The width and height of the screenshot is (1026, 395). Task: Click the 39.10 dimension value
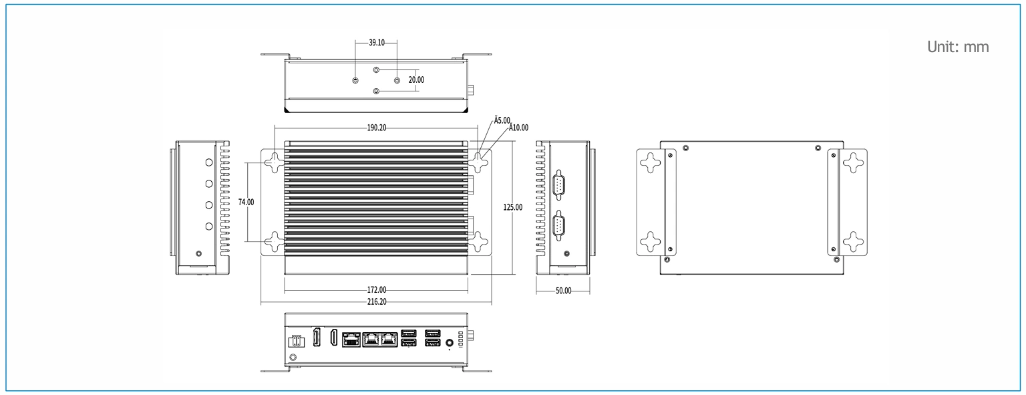coord(377,43)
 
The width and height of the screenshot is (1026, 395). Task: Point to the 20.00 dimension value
coord(416,80)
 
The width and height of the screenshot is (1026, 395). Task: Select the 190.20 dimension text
coord(377,128)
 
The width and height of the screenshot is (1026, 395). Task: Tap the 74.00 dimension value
coord(246,202)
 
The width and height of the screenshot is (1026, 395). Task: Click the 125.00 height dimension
coord(512,207)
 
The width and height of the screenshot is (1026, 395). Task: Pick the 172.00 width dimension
coord(377,290)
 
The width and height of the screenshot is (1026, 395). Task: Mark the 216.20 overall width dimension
coord(377,302)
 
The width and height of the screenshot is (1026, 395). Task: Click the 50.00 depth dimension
coord(563,291)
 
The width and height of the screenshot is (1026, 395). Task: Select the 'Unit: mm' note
coord(958,47)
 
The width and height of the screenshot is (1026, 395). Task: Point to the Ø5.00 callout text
coord(502,120)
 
